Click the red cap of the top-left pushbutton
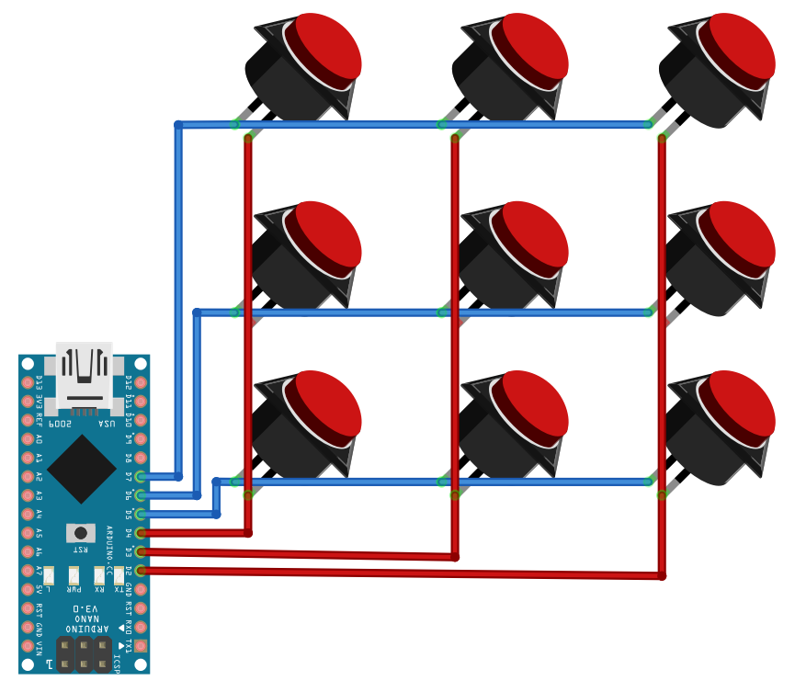pos(322,46)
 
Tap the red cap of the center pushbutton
pos(528,234)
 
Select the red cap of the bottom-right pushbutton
pos(735,404)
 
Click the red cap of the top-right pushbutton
pos(735,46)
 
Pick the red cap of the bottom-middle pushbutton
pos(528,404)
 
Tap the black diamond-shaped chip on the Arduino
pos(82,469)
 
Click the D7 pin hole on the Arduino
pos(141,476)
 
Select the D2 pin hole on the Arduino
pos(141,571)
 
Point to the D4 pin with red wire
pos(141,533)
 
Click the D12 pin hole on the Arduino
pos(141,381)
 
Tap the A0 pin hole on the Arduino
pos(27,438)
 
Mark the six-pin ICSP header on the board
pos(84,654)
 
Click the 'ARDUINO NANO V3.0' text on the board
pos(84,621)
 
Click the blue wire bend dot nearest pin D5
pos(217,515)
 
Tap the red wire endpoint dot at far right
pos(662,576)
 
